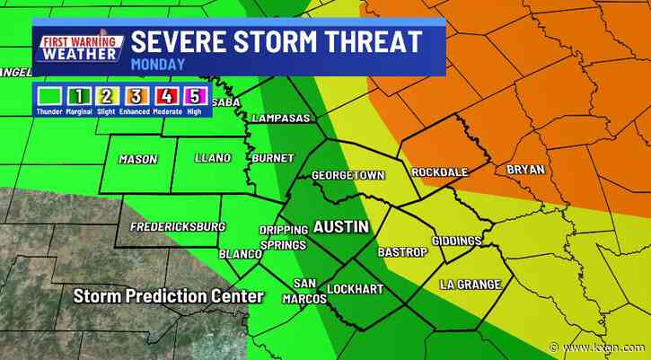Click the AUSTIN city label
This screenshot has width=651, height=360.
pyautogui.click(x=340, y=227)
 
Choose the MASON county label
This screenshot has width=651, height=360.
pyautogui.click(x=137, y=160)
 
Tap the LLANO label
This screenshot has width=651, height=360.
pyautogui.click(x=213, y=159)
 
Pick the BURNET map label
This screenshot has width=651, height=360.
pyautogui.click(x=272, y=159)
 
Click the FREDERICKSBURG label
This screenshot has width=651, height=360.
pyautogui.click(x=177, y=227)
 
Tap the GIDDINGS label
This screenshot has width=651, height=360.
pyautogui.click(x=456, y=241)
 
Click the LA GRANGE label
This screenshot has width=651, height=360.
pyautogui.click(x=470, y=285)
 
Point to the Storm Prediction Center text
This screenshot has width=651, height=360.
pyautogui.click(x=169, y=296)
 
